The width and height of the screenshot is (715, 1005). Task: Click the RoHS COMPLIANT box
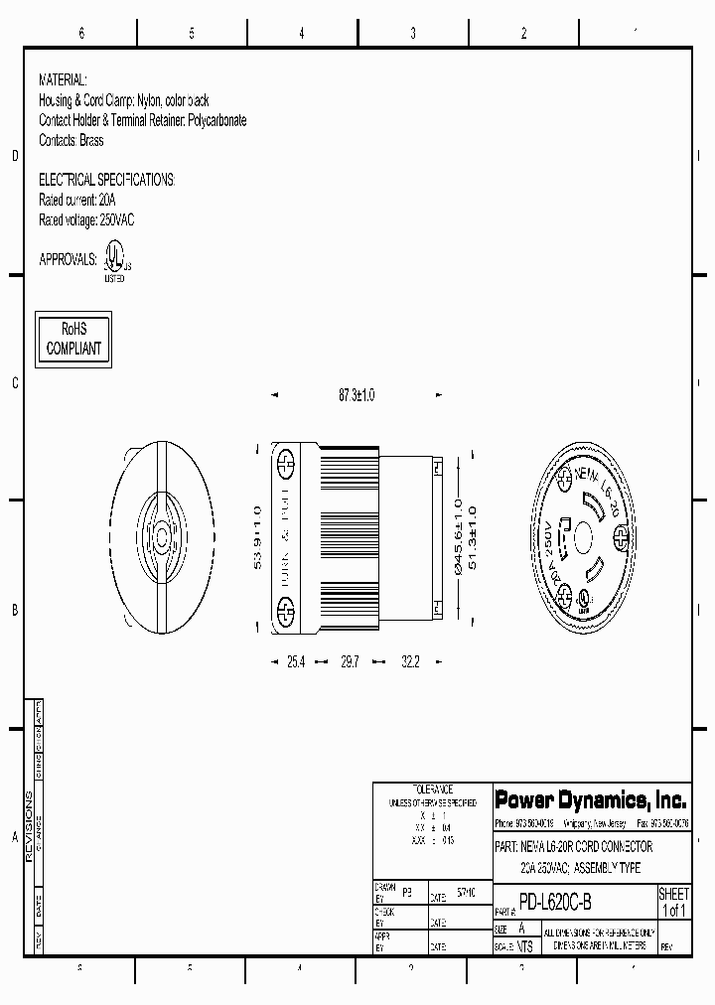tap(73, 339)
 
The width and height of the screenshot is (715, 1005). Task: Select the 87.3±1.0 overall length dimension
tap(357, 395)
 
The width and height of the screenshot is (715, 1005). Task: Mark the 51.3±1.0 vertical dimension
tap(472, 538)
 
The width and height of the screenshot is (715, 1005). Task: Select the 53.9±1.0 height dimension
tap(258, 537)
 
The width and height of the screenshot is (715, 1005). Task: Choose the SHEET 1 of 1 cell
tap(673, 903)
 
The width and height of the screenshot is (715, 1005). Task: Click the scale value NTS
tap(525, 947)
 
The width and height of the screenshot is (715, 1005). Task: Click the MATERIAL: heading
tap(63, 78)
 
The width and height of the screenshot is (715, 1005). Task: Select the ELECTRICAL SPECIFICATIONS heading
tap(106, 180)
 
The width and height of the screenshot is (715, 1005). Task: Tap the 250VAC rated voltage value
tap(117, 219)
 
